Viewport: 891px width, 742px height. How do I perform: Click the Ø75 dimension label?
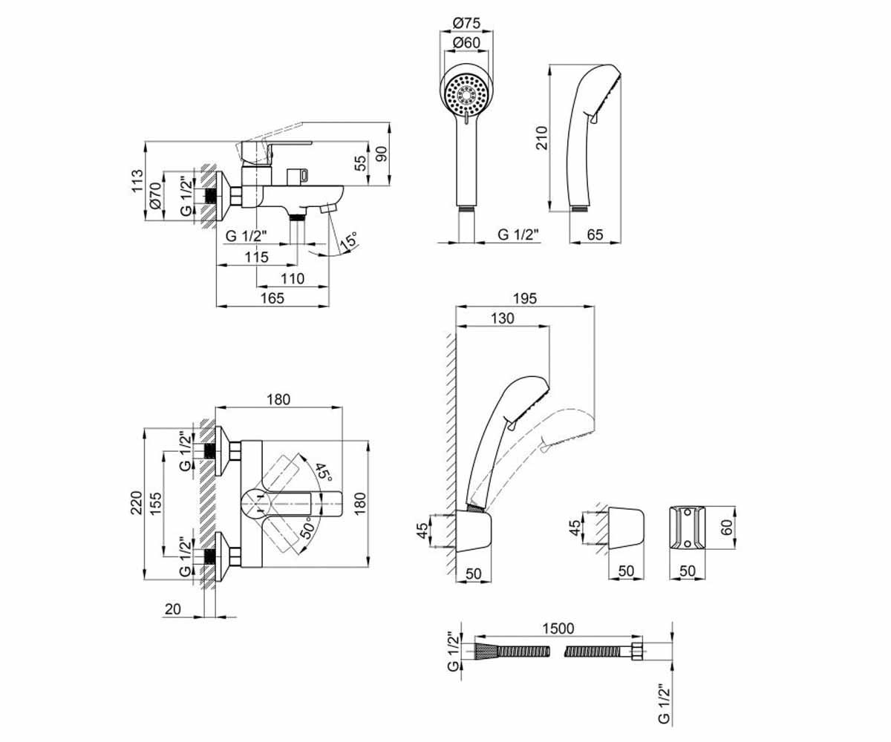point(466,22)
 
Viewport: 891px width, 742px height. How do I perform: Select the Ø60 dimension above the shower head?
point(466,42)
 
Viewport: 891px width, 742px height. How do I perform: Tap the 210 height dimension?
point(541,137)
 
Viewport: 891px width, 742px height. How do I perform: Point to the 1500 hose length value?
point(558,628)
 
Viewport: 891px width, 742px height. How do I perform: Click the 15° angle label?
point(348,241)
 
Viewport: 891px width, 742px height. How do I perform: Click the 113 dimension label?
point(137,181)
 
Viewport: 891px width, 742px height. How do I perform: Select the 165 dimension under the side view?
point(272,298)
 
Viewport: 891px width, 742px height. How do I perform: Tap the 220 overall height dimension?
point(136,502)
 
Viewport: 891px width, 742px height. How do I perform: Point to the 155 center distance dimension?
point(156,503)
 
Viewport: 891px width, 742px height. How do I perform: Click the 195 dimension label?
point(525,298)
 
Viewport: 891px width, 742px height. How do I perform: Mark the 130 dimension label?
point(502,318)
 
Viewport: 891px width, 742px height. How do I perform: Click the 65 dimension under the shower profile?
point(595,234)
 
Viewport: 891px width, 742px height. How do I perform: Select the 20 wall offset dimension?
point(173,609)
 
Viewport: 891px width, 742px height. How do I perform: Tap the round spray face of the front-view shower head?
point(466,94)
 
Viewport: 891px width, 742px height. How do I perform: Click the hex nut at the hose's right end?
point(636,652)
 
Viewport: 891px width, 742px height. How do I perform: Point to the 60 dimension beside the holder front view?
point(727,527)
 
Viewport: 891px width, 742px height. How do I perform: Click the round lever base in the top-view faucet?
point(258,504)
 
